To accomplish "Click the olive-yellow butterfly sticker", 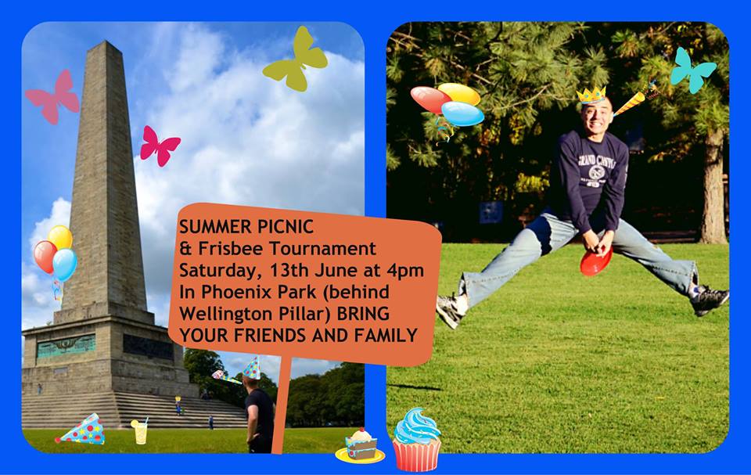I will pyautogui.click(x=295, y=59).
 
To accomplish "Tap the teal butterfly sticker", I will pyautogui.click(x=692, y=70).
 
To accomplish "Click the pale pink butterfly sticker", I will pyautogui.click(x=53, y=97).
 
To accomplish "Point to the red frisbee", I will pyautogui.click(x=595, y=262).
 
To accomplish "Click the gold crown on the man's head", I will pyautogui.click(x=591, y=95).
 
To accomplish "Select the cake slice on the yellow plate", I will pyautogui.click(x=360, y=446).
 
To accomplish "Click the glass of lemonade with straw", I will pyautogui.click(x=139, y=430).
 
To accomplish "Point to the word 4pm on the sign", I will pyautogui.click(x=405, y=271).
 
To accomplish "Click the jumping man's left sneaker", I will pyautogui.click(x=710, y=299).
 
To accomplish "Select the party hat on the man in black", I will pyautogui.click(x=250, y=368).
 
